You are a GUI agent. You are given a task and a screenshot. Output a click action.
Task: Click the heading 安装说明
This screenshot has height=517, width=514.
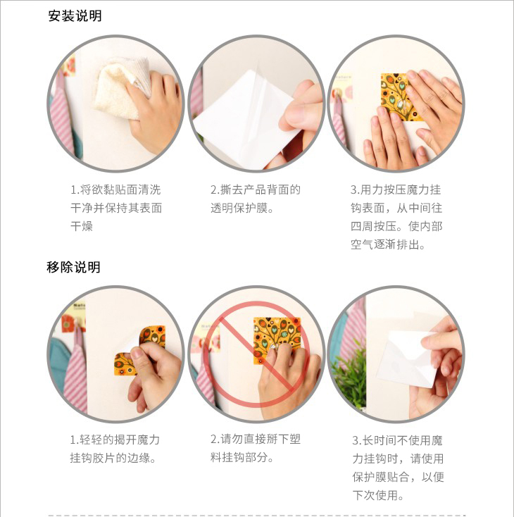(x=75, y=15)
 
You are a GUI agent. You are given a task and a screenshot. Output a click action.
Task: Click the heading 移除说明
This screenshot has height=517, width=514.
(x=73, y=267)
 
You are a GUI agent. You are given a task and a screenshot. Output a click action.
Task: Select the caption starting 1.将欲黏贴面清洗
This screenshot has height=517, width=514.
(x=116, y=208)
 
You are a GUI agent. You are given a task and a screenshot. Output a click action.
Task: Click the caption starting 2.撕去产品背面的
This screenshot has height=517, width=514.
(x=256, y=199)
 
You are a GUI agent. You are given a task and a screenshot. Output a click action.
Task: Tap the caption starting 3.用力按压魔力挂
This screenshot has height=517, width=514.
(x=396, y=217)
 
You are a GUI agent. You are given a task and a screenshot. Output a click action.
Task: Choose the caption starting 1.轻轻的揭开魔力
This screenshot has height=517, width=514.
(x=115, y=449)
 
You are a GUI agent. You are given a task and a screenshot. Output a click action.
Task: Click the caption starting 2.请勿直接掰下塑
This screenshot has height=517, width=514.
(x=256, y=448)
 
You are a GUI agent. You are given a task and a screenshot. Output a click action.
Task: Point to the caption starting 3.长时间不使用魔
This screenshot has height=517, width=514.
(x=398, y=468)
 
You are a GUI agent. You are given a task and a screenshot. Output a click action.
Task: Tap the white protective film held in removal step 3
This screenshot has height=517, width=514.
(x=407, y=359)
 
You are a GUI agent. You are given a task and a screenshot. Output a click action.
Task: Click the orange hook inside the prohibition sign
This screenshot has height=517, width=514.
(x=277, y=340)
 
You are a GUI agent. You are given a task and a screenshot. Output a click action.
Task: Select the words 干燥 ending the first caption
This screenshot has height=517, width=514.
(x=82, y=226)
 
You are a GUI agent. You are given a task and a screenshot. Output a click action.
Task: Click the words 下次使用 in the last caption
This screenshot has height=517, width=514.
(x=375, y=495)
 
